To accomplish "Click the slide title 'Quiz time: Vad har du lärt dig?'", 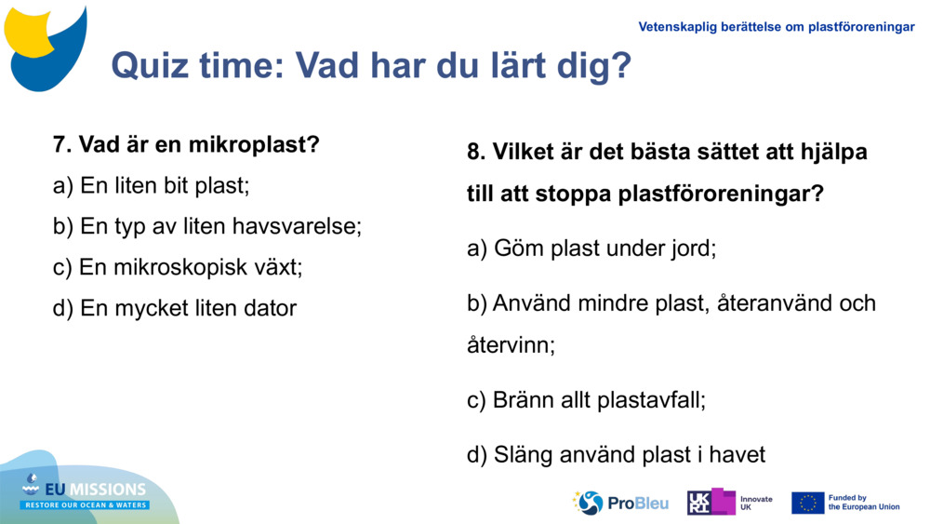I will [x=370, y=65].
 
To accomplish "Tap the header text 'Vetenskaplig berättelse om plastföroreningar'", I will [x=777, y=27].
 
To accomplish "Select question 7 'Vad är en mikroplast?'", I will [x=186, y=145].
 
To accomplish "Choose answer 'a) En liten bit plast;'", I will [x=152, y=185].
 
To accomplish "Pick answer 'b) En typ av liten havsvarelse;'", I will [x=207, y=226].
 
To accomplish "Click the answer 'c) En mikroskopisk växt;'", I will [x=178, y=267].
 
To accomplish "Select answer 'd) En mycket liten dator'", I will [x=175, y=308].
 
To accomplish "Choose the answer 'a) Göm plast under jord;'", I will [x=591, y=249].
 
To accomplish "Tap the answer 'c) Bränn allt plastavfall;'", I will [x=586, y=400].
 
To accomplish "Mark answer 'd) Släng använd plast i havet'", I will [x=616, y=454].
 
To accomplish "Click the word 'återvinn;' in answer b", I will [x=511, y=345].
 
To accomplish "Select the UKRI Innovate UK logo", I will [x=730, y=503].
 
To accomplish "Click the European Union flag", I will [x=807, y=503].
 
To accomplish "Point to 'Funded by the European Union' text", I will [x=864, y=503].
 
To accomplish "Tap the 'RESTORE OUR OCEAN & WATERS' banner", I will [x=86, y=505].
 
